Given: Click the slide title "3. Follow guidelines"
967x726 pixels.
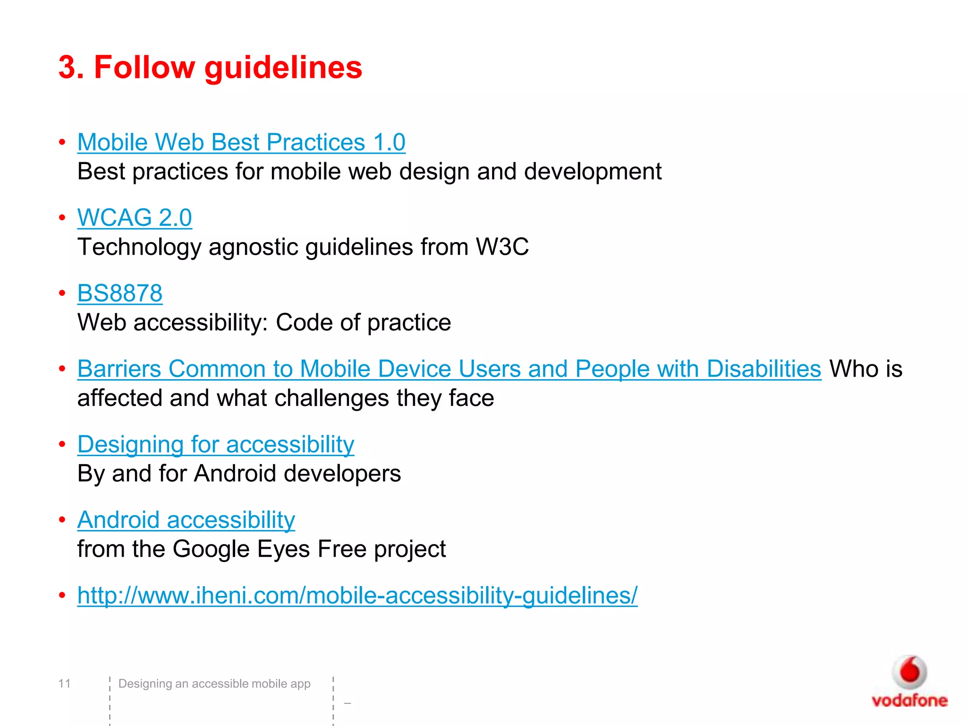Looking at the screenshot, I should pyautogui.click(x=210, y=67).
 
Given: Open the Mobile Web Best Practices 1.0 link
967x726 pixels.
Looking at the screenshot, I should pyautogui.click(x=241, y=142).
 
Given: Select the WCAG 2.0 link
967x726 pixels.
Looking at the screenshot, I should pyautogui.click(x=135, y=218).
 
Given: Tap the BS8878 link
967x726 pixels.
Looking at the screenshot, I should pyautogui.click(x=120, y=293).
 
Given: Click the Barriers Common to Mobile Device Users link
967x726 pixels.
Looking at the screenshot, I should pyautogui.click(x=449, y=369).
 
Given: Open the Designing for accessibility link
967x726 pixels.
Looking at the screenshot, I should pyautogui.click(x=216, y=444).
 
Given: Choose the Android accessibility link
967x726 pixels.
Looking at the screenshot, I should pyautogui.click(x=186, y=520).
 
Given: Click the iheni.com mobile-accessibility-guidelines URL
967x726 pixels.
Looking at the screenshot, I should pyautogui.click(x=357, y=595).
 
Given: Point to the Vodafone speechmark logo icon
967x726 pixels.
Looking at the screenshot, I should pyautogui.click(x=909, y=672).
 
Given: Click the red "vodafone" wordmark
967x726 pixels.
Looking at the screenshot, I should pyautogui.click(x=909, y=700).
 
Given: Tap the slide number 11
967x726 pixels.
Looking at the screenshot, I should pyautogui.click(x=64, y=683).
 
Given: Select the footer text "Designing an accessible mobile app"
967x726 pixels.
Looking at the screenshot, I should pyautogui.click(x=214, y=683).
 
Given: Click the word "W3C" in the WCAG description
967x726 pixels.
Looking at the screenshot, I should pyautogui.click(x=502, y=247).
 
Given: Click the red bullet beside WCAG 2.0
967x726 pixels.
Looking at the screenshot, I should pyautogui.click(x=62, y=218).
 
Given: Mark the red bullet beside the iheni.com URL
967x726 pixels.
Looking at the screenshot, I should pyautogui.click(x=62, y=595).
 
